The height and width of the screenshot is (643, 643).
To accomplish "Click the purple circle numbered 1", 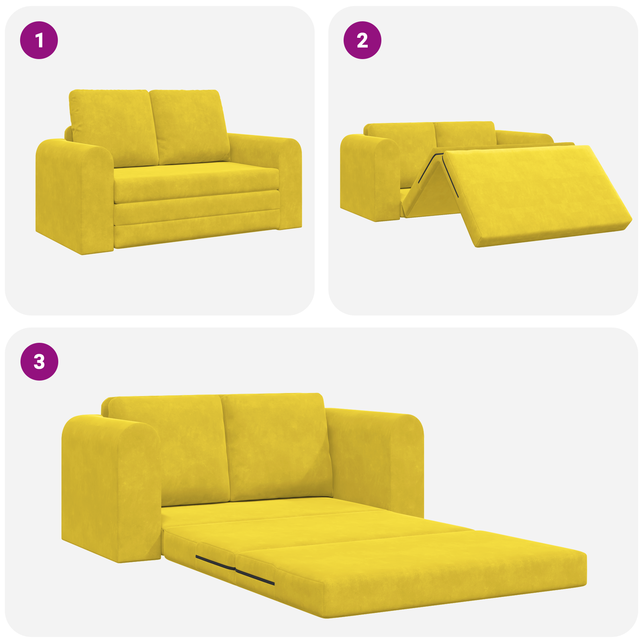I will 39,40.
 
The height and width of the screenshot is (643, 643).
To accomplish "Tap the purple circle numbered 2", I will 362,40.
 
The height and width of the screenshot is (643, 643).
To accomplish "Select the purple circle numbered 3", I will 39,361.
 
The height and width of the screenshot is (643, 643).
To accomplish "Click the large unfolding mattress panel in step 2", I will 534,193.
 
